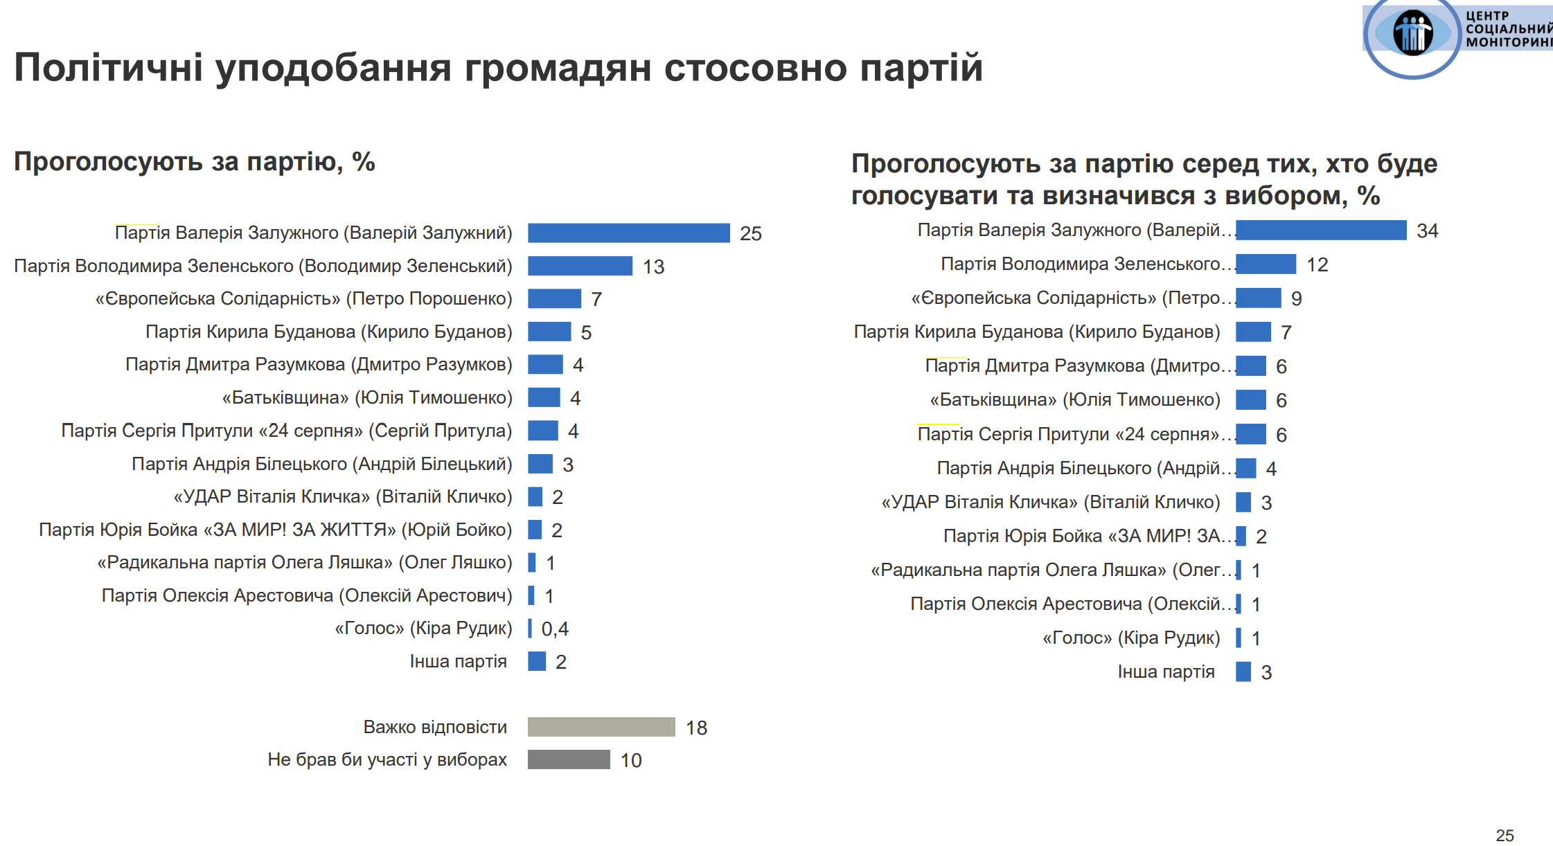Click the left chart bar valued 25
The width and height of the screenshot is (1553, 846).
pos(628,233)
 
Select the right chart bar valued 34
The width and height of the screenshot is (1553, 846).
pos(1321,231)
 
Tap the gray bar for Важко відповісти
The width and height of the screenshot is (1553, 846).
pos(601,727)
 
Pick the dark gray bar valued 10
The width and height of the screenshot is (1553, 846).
pos(569,759)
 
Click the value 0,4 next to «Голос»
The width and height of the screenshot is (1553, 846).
pos(555,629)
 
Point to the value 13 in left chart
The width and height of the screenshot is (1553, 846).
pos(653,267)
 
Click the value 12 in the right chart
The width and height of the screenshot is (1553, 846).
pos(1317,264)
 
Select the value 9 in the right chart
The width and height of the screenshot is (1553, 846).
pos(1296,298)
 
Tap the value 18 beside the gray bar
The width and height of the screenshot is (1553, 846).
pos(696,728)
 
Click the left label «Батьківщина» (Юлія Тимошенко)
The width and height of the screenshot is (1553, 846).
pos(367,397)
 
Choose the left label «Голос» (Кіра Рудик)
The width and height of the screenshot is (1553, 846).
pos(423,628)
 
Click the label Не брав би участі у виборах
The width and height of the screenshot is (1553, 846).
pos(387,759)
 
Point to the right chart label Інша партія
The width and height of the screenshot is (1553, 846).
pos(1166,672)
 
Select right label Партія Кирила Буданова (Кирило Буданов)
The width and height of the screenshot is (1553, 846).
pos(1037,332)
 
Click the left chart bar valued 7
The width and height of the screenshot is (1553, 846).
pos(554,298)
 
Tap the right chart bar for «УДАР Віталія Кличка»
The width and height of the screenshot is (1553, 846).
pos(1243,502)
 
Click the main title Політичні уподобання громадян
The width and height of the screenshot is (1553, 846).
pos(498,68)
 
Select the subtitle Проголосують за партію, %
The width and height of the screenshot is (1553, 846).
pos(195,161)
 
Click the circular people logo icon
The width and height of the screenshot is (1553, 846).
pos(1412,33)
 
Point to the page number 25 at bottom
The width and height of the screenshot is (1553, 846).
pos(1505,835)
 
